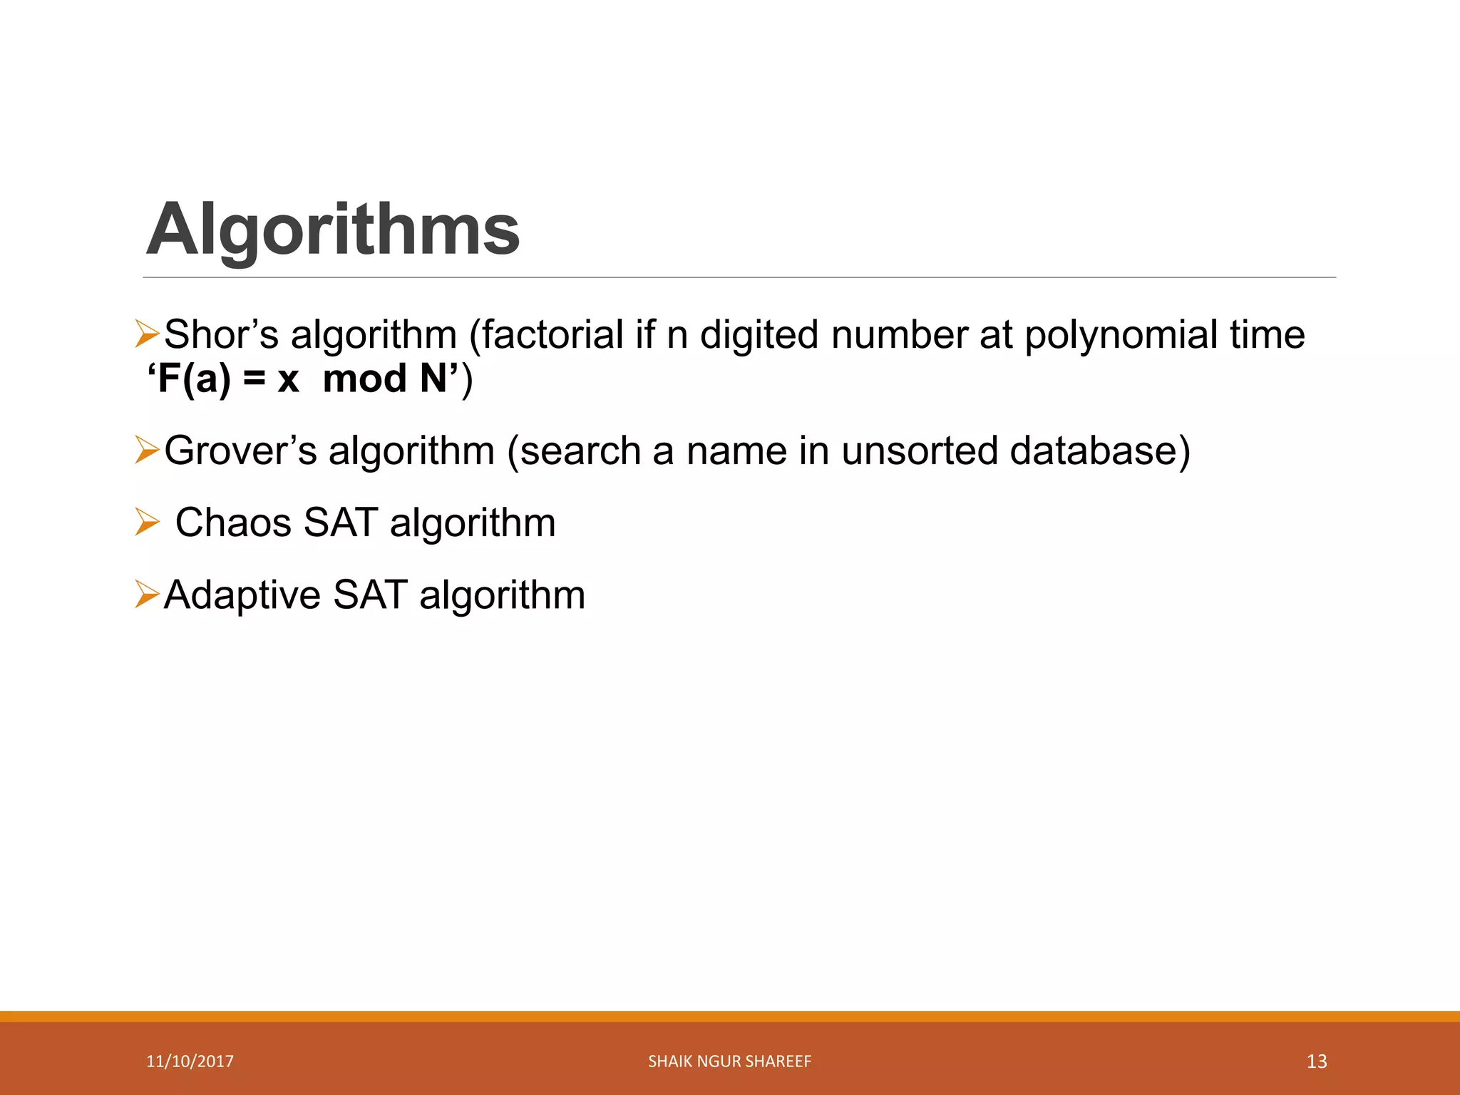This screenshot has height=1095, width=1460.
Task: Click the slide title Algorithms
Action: [x=333, y=230]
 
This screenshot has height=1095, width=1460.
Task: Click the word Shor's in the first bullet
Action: [x=221, y=334]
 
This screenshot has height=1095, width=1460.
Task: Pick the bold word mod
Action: [x=364, y=378]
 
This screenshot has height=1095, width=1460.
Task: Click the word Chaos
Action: [x=234, y=523]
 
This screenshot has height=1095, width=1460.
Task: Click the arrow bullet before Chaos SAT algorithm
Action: [x=147, y=523]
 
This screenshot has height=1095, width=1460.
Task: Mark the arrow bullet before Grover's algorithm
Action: [x=147, y=451]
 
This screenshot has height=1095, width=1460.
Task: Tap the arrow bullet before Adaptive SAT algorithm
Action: [x=147, y=595]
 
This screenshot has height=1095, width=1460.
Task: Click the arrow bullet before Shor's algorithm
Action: [x=147, y=334]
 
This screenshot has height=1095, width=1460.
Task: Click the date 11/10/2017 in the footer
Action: [x=190, y=1061]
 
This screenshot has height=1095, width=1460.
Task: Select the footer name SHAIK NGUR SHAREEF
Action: [x=729, y=1061]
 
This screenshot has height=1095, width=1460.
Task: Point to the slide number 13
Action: [x=1316, y=1061]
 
